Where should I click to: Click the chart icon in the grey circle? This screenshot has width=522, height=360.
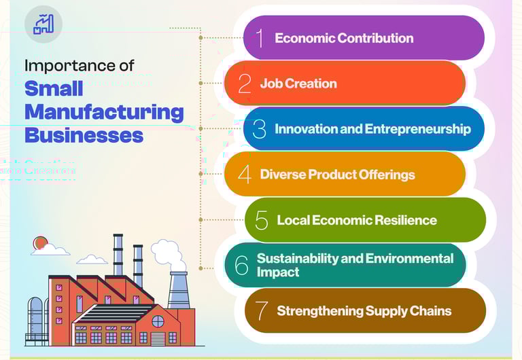tap(43, 24)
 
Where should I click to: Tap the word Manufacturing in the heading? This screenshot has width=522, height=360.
tap(104, 111)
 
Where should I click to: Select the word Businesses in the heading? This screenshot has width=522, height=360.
tap(84, 134)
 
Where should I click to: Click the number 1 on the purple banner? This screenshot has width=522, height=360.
tap(260, 38)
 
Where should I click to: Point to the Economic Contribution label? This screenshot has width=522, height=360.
tap(344, 38)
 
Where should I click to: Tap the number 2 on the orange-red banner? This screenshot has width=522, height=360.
tap(245, 84)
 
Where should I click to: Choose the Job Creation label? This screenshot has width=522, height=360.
tap(298, 84)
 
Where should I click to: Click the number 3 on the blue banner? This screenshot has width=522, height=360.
tap(259, 128)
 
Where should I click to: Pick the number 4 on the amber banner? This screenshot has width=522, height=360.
tap(245, 174)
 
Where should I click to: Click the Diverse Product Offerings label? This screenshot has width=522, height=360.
tap(337, 175)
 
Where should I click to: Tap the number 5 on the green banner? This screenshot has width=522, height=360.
tap(262, 220)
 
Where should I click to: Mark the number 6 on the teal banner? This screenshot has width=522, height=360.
tap(241, 265)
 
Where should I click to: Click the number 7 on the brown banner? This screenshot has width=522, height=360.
tap(262, 311)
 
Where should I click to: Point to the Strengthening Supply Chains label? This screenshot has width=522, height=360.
tap(364, 311)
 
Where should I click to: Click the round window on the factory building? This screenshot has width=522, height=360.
tap(158, 321)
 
